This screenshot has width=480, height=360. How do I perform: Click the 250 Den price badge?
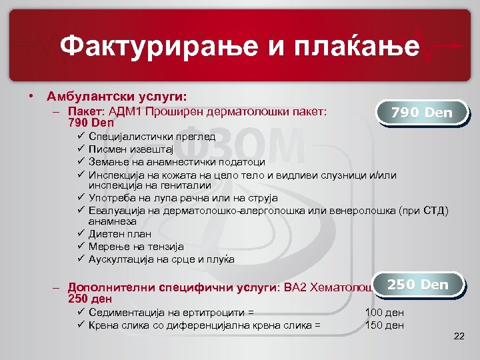point(418,285)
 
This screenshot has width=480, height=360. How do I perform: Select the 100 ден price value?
point(385,312)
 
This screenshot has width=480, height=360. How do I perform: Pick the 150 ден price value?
point(385,325)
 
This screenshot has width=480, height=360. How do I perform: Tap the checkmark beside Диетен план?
point(79,234)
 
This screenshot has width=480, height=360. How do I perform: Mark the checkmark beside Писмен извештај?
point(79,149)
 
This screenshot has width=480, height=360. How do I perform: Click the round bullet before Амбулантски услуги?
point(32,95)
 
